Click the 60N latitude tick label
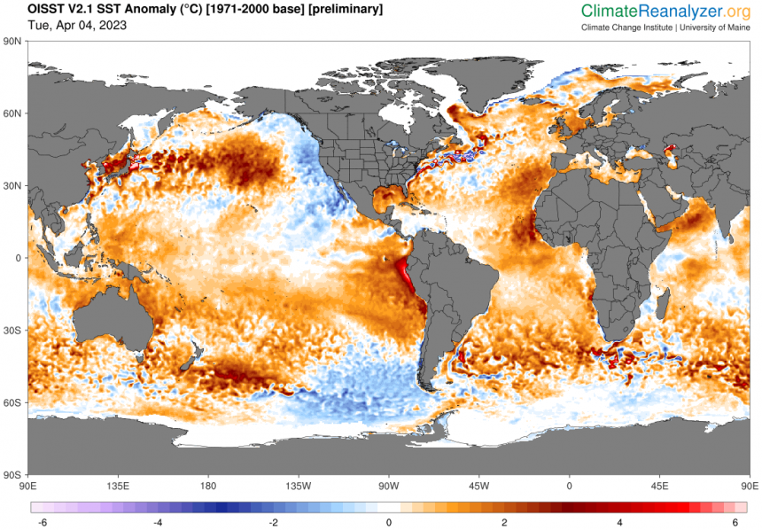[12, 113]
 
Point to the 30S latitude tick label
[12, 330]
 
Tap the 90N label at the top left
[12, 41]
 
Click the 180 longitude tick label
[208, 486]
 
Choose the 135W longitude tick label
[299, 486]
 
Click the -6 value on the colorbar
[40, 523]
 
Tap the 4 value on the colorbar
[620, 523]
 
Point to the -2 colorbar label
[272, 523]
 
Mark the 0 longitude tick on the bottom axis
[570, 486]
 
